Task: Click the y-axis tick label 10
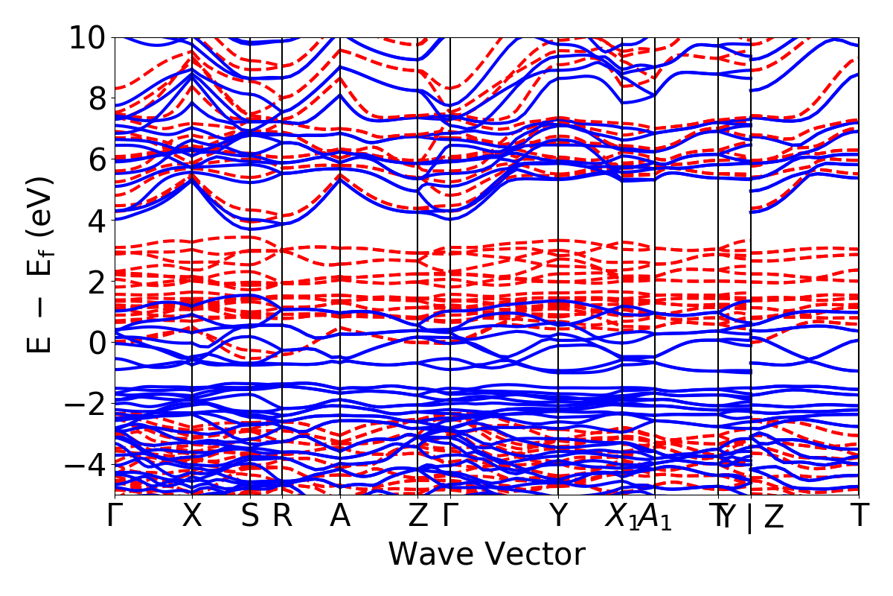(88, 37)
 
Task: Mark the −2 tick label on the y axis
(88, 404)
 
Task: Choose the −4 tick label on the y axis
(88, 465)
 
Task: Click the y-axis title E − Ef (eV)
(42, 264)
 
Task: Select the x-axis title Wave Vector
(487, 555)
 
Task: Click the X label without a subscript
(193, 516)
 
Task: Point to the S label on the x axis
(250, 516)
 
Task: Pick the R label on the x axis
(282, 516)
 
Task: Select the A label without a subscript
(340, 516)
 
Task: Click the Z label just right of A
(418, 516)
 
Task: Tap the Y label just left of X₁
(558, 516)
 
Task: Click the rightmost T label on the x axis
(860, 516)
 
